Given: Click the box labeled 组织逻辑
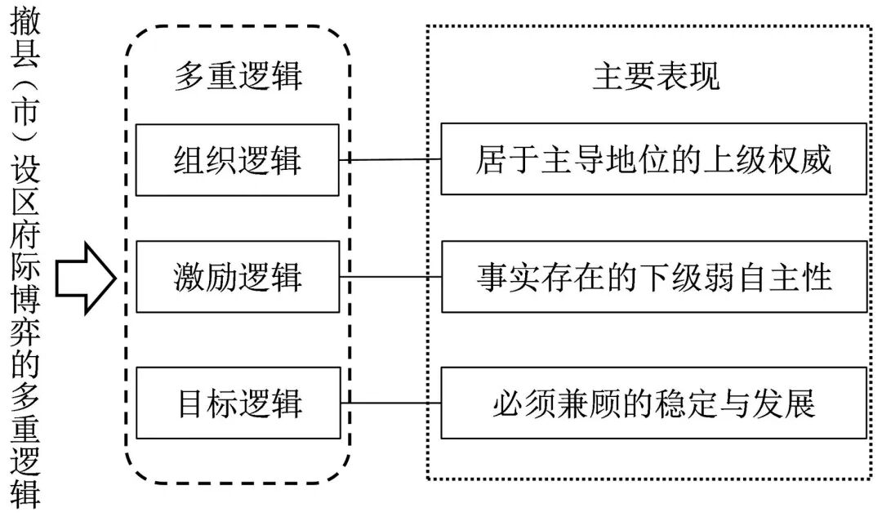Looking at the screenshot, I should (238, 160).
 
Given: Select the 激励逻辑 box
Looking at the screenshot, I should (238, 277).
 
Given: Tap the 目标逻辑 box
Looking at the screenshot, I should (238, 403).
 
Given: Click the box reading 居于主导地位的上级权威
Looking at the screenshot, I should (653, 159).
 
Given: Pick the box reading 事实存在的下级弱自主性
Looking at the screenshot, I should (653, 277).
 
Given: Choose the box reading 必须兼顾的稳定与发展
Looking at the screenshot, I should (653, 403).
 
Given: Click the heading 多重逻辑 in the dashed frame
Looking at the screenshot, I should (238, 76).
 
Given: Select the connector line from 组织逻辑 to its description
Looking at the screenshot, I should (390, 159).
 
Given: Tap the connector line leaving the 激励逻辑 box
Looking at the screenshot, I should (390, 277).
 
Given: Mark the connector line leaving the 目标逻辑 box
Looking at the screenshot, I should (390, 403).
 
